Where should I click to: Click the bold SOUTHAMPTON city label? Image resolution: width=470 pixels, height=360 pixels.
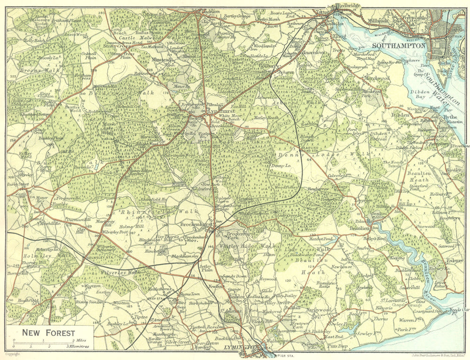[399, 46]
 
